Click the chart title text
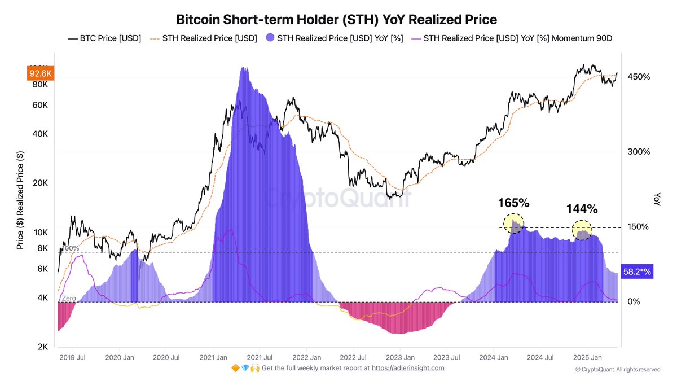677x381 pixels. (x=336, y=19)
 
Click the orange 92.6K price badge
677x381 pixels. (x=39, y=73)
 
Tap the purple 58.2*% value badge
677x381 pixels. (x=636, y=271)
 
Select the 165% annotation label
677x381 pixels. (x=513, y=203)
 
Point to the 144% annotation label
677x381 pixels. (x=582, y=209)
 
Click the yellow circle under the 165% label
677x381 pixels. (x=514, y=224)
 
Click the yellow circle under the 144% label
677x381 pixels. (x=582, y=230)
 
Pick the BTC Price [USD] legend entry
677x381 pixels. (x=104, y=39)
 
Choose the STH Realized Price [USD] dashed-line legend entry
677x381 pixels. (x=205, y=39)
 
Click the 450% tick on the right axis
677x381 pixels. (x=639, y=77)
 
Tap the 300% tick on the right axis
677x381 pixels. (x=639, y=152)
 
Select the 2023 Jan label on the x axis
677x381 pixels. (x=401, y=357)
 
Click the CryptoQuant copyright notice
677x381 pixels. (x=617, y=370)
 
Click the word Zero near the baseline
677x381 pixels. (x=68, y=297)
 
